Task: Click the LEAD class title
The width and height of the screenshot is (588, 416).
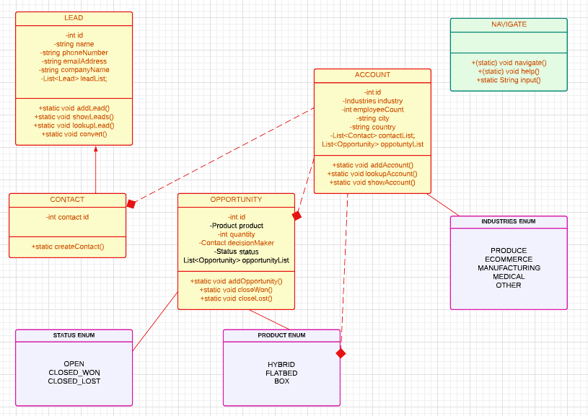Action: (74, 18)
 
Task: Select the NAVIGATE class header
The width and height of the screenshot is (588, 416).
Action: (509, 25)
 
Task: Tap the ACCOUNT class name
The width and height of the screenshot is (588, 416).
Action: (372, 75)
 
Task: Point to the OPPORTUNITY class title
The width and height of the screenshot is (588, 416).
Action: (236, 200)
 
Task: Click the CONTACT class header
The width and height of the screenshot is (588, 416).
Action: (67, 200)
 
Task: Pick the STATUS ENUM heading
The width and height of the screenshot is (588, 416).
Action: (74, 335)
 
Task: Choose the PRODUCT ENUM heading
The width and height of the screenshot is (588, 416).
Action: (281, 335)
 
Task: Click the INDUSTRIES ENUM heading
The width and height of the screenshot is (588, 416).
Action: (509, 221)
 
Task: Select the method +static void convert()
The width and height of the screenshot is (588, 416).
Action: (74, 134)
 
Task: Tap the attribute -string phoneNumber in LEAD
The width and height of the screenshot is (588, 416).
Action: (74, 53)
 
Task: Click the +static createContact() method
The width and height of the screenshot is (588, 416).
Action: (68, 247)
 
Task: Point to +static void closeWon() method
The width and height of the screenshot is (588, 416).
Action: (236, 290)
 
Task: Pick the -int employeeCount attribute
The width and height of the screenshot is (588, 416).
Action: (372, 110)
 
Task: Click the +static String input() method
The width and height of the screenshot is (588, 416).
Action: (509, 80)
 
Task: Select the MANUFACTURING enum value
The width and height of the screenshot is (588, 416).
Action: (509, 268)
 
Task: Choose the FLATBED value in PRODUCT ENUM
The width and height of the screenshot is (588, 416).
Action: (281, 373)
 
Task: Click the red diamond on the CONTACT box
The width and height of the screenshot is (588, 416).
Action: (131, 204)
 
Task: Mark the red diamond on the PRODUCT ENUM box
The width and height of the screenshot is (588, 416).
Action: (341, 353)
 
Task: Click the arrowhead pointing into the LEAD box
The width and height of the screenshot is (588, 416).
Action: (95, 149)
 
